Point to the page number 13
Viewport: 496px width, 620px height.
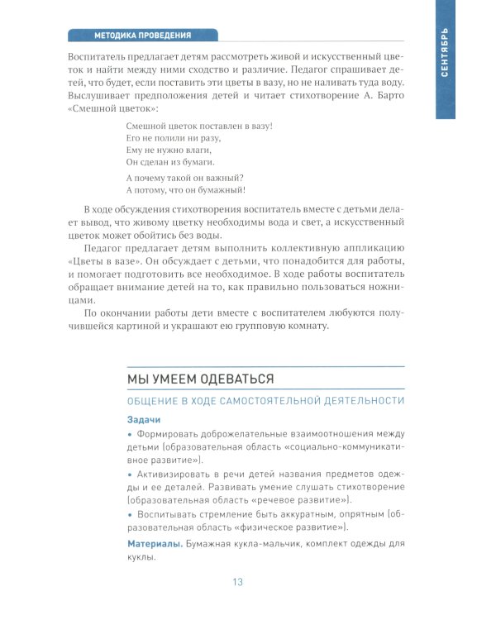pyautogui.click(x=237, y=582)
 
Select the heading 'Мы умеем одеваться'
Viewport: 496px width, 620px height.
pyautogui.click(x=200, y=378)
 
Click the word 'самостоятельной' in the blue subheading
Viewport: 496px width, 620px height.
pyautogui.click(x=280, y=401)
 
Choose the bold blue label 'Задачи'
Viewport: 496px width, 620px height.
pyautogui.click(x=144, y=419)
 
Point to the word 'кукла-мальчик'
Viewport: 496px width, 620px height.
pyautogui.click(x=265, y=544)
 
